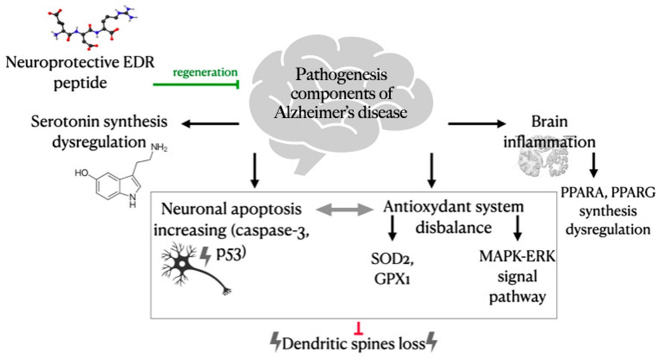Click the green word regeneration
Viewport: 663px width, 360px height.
click(205, 73)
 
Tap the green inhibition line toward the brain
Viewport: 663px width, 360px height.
click(196, 85)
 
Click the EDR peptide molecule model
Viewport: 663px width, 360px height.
click(93, 27)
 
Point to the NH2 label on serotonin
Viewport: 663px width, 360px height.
click(159, 148)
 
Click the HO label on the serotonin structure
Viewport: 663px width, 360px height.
click(82, 172)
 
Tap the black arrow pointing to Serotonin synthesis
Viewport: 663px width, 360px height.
click(210, 123)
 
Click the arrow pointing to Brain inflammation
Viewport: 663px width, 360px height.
click(477, 123)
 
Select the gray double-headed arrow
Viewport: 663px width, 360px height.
click(345, 210)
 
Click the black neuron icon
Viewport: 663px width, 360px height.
click(196, 268)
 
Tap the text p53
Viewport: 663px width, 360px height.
click(230, 255)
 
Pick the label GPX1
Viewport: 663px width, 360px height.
click(392, 278)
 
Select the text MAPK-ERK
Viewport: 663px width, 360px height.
click(517, 256)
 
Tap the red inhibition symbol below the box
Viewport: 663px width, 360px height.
click(359, 329)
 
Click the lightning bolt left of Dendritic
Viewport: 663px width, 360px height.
click(275, 342)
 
